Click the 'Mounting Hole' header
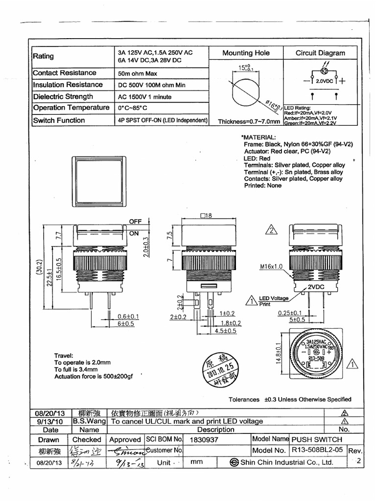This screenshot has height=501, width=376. (246, 53)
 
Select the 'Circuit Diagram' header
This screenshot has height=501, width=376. (320, 53)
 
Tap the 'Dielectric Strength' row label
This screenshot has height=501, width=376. (63, 96)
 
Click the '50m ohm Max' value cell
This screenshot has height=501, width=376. (138, 73)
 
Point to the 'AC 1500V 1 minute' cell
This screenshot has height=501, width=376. (145, 97)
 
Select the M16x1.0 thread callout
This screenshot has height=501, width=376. (271, 267)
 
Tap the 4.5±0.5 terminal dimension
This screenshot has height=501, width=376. (226, 331)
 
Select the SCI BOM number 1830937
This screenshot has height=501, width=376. (205, 440)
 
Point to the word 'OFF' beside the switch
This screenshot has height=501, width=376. (135, 222)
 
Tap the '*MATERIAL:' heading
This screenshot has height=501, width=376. (258, 137)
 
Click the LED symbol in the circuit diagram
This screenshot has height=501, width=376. (324, 71)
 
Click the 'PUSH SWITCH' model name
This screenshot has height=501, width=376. (317, 439)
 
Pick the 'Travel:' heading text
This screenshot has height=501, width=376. (64, 356)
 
